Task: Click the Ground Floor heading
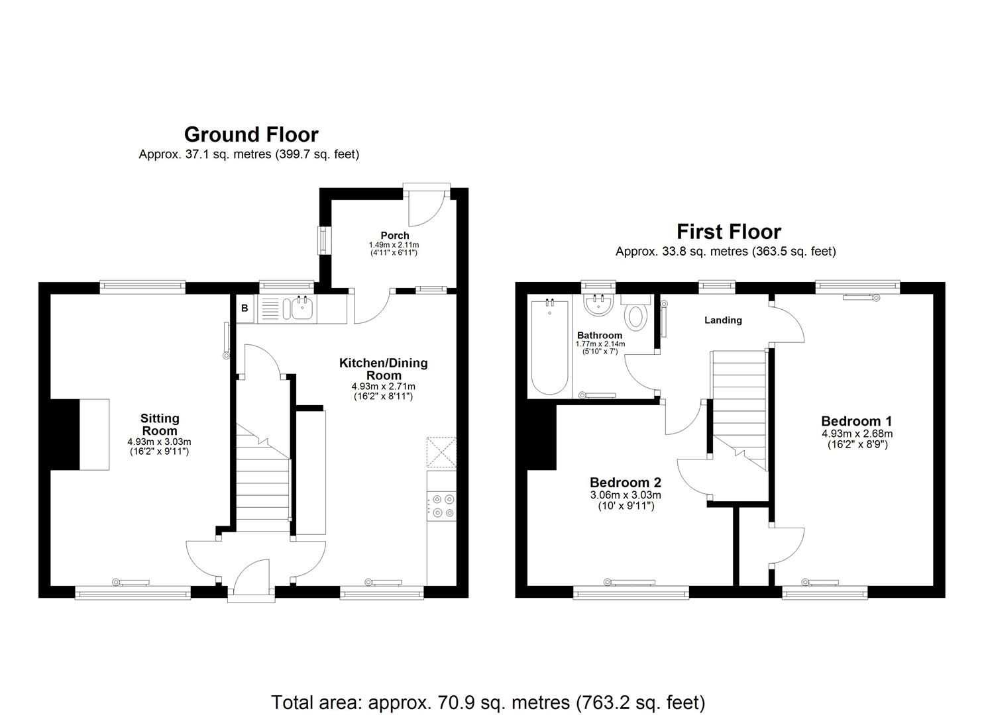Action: click(251, 134)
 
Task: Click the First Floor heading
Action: click(728, 232)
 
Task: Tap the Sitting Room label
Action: click(160, 424)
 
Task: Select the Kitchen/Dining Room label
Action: click(384, 369)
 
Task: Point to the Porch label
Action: click(395, 235)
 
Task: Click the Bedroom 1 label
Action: click(856, 421)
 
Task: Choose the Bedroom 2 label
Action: click(626, 483)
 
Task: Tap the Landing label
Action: click(723, 320)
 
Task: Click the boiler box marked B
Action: click(245, 309)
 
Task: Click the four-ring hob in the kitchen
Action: click(442, 506)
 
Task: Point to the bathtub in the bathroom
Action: click(549, 348)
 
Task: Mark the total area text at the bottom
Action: click(488, 702)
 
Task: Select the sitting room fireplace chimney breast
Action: click(65, 434)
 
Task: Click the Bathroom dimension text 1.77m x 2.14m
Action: click(600, 344)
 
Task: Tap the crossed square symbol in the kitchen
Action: click(442, 452)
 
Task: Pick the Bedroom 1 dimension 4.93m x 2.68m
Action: click(857, 434)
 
